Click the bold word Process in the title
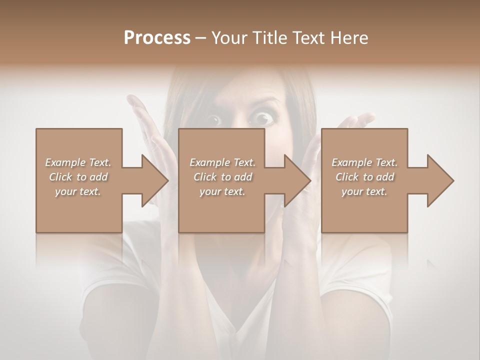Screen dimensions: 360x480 [157, 38]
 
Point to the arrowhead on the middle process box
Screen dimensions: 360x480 [297, 180]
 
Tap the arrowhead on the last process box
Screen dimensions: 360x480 [439, 180]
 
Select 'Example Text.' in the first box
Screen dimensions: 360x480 [78, 162]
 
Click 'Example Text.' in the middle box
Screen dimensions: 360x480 [222, 162]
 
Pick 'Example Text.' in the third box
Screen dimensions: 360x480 [364, 162]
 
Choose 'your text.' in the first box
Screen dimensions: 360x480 [78, 191]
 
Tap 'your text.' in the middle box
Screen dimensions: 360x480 [222, 191]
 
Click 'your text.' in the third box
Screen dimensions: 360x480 [364, 191]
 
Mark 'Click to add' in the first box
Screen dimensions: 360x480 [78, 177]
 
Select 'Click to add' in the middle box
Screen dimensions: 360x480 [222, 177]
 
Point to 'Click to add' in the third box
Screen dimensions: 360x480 [364, 177]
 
